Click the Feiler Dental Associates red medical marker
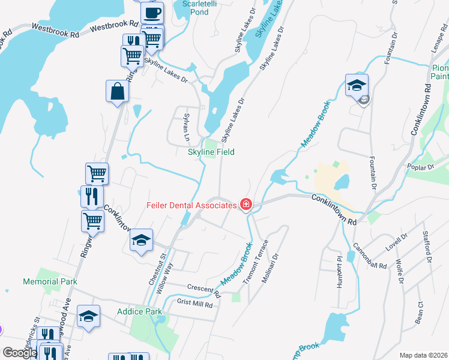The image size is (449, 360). click(x=246, y=205)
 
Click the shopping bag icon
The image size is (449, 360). click(x=118, y=91)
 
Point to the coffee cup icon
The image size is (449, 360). click(x=152, y=12)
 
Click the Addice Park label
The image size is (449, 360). click(x=139, y=311)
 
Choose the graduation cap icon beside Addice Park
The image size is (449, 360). click(x=89, y=316)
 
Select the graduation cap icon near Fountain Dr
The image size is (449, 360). click(x=357, y=85)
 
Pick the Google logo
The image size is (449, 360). click(x=20, y=352)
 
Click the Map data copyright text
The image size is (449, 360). click(x=424, y=355)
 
